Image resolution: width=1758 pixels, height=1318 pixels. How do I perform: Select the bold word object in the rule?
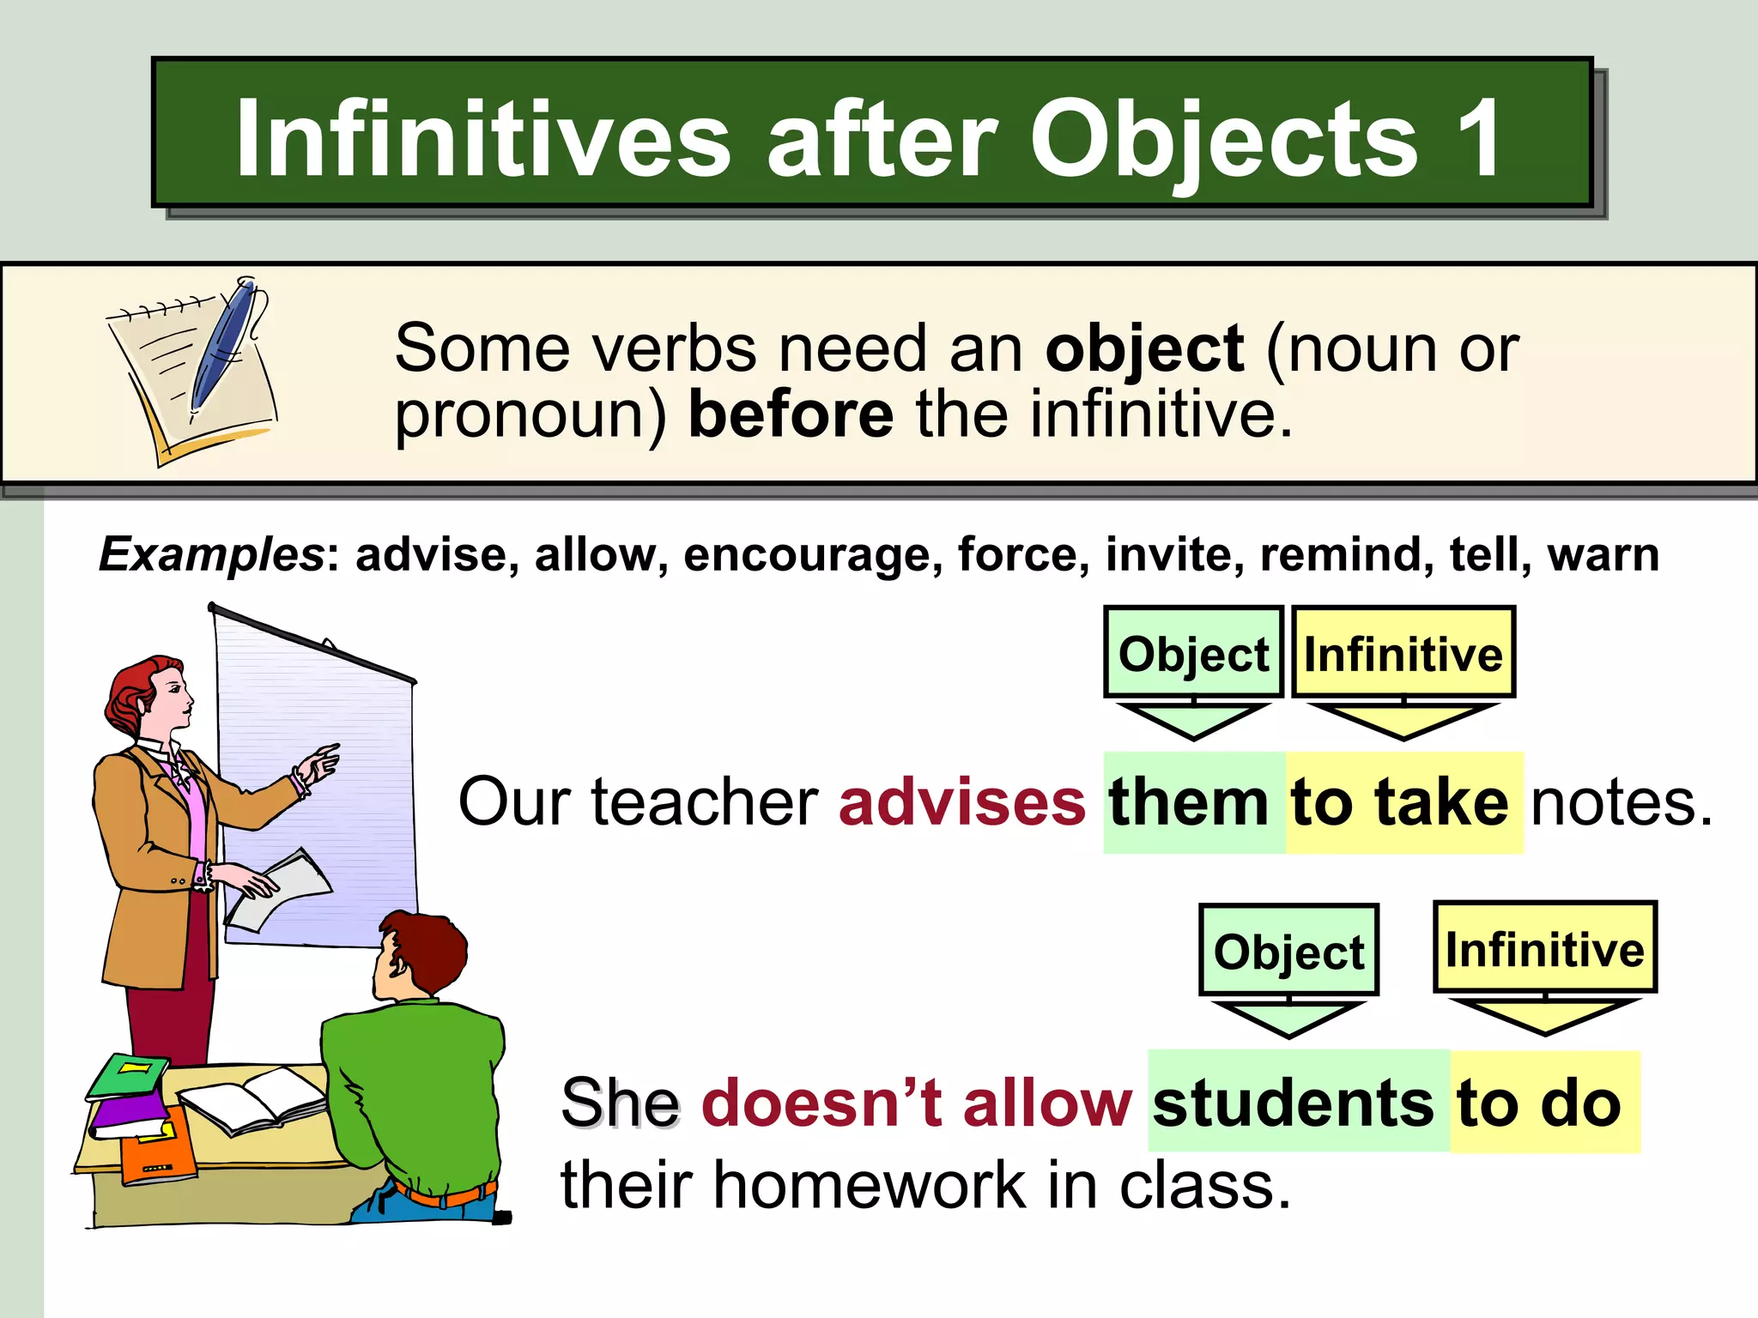point(1144,349)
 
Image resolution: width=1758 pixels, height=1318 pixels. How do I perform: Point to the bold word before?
point(791,414)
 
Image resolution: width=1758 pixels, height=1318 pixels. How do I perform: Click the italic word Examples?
point(211,554)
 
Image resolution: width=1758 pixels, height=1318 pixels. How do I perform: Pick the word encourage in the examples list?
point(807,555)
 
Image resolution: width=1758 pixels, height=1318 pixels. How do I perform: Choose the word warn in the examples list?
point(1603,554)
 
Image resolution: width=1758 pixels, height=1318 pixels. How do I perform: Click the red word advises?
point(962,802)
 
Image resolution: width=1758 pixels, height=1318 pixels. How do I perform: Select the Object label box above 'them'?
point(1193,654)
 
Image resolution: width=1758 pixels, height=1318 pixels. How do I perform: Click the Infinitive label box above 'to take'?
point(1403,654)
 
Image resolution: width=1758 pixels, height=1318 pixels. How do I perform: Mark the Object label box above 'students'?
point(1288,951)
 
